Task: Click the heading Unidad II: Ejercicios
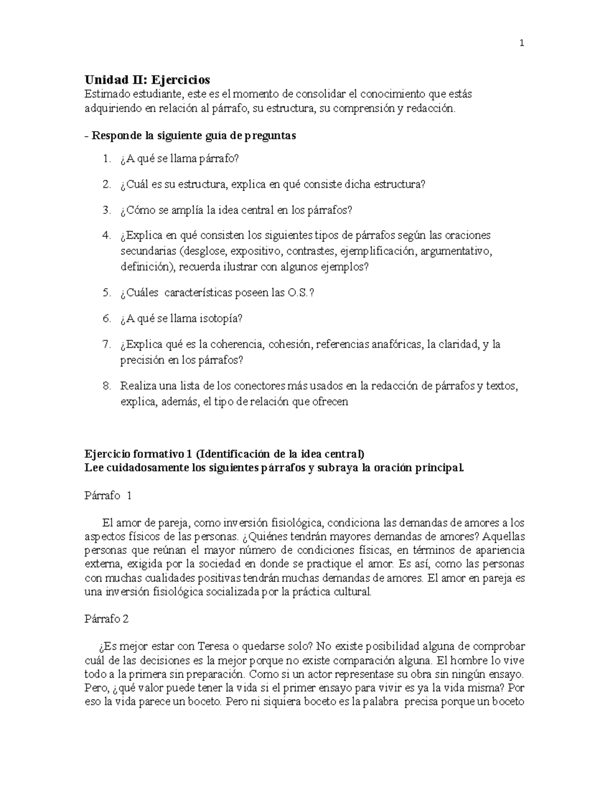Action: [147, 80]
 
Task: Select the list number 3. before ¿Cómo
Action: [106, 210]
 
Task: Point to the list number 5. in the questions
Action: [106, 293]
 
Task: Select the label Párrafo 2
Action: [107, 619]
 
